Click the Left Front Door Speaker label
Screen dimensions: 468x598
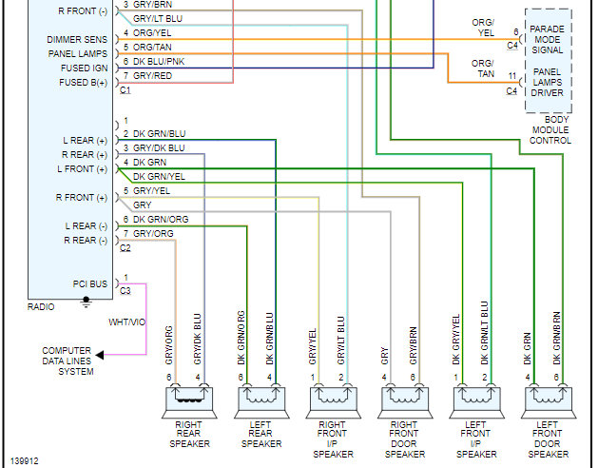(547, 440)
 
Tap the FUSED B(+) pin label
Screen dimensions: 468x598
(85, 82)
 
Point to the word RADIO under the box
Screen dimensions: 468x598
(43, 307)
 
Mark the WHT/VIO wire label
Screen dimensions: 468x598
(125, 322)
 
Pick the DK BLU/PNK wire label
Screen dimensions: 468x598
(159, 60)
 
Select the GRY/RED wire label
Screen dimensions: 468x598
(153, 74)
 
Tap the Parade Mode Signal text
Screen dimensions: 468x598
(547, 41)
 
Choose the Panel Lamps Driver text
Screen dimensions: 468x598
(547, 83)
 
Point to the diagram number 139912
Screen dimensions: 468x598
(26, 459)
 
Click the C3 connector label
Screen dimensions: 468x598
(125, 289)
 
